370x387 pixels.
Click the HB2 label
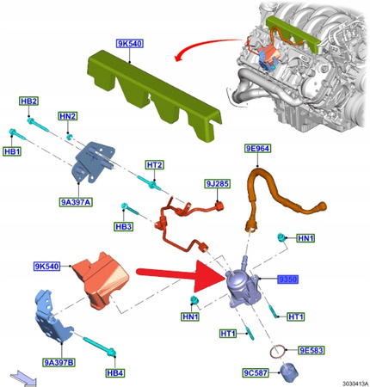pos(28,101)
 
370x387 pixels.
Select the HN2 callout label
pos(68,116)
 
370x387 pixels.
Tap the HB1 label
pos(11,153)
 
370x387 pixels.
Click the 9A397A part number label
pos(76,201)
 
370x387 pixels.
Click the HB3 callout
pos(126,227)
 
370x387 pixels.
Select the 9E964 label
pos(258,149)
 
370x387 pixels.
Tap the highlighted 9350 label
pos(287,279)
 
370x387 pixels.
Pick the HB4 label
pos(114,372)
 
